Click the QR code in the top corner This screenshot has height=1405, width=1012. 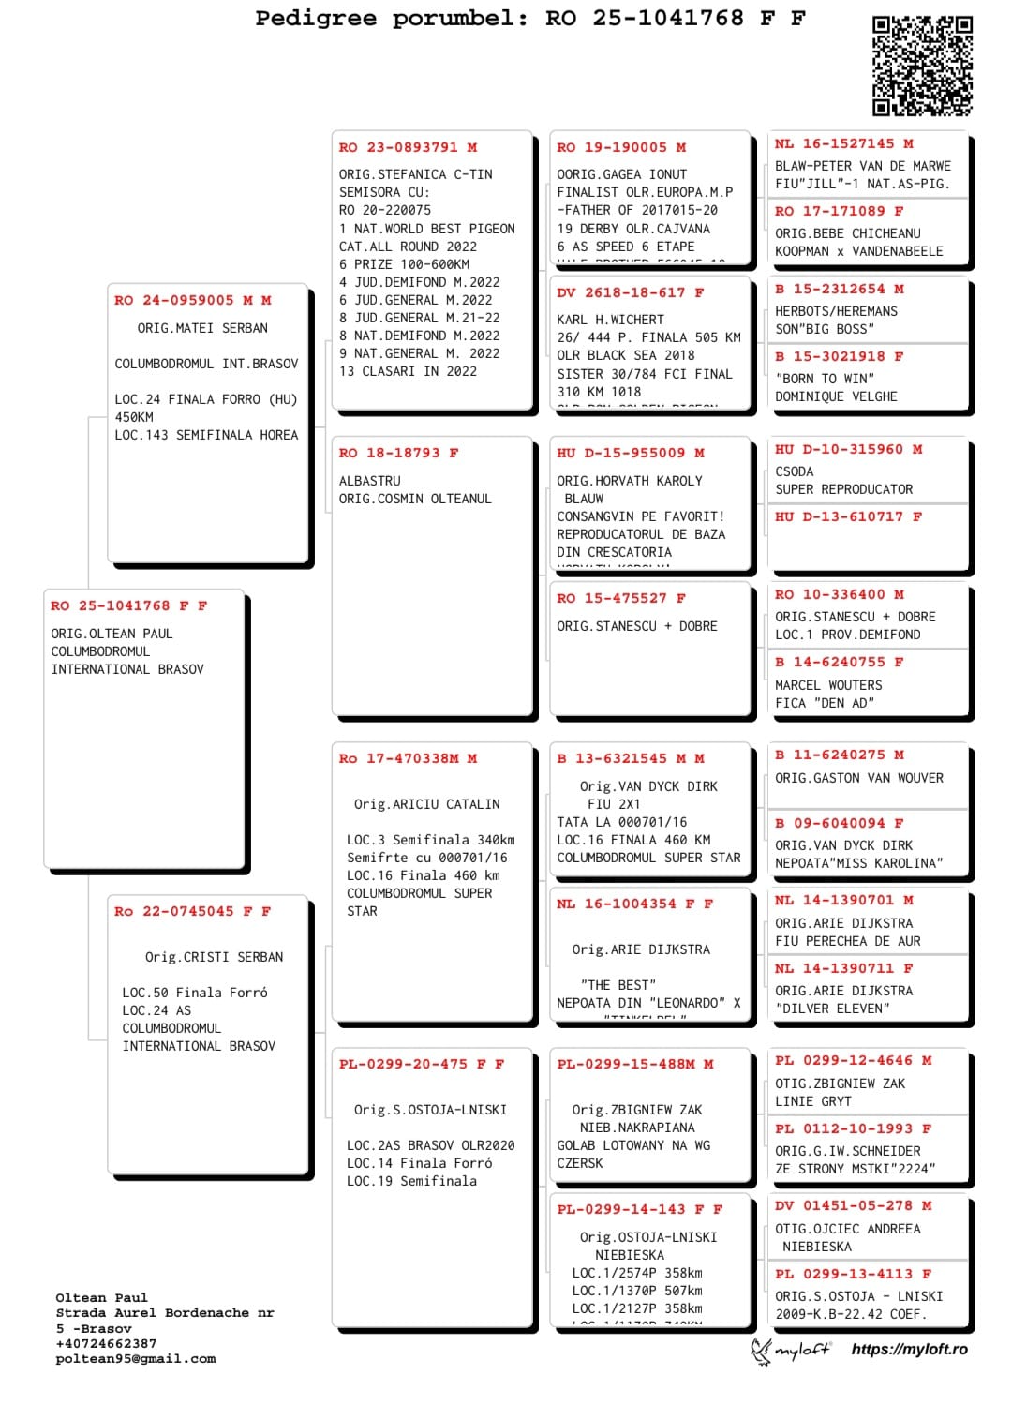pos(922,66)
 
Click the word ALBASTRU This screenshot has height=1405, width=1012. pos(369,481)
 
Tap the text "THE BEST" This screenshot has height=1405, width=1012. pos(618,985)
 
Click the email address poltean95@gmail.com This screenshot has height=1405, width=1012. pos(135,1359)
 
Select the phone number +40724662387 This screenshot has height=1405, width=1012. pos(106,1344)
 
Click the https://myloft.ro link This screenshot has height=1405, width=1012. pos(909,1350)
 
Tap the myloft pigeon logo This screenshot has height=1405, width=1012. pos(760,1351)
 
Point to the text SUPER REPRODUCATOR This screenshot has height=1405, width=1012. pos(843,490)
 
